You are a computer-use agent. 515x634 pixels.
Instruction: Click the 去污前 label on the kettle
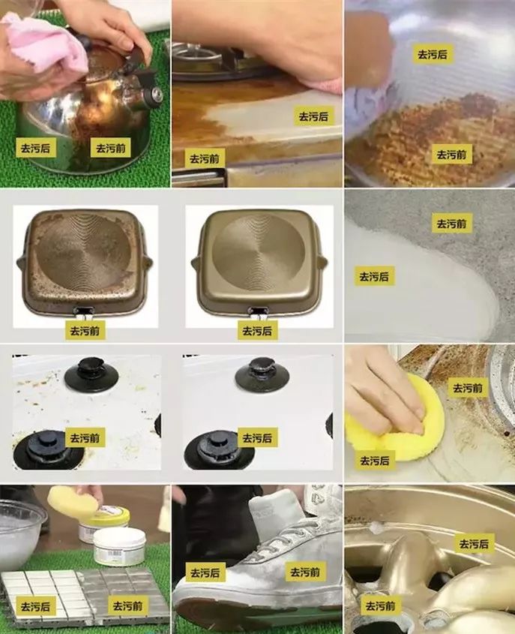tap(110, 148)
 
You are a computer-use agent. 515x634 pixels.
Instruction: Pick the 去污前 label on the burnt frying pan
tap(452, 155)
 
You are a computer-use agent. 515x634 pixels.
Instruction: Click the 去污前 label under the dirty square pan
tap(84, 330)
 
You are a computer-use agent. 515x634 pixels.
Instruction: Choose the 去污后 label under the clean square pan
tap(257, 330)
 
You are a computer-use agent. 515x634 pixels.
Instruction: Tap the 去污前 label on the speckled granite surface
tap(452, 223)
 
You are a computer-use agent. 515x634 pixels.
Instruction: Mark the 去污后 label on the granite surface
tap(374, 276)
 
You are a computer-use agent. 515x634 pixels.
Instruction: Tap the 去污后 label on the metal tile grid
tap(36, 606)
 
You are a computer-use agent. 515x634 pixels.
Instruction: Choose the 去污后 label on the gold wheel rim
tap(474, 543)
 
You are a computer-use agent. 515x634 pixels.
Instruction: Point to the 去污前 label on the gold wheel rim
tap(380, 605)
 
